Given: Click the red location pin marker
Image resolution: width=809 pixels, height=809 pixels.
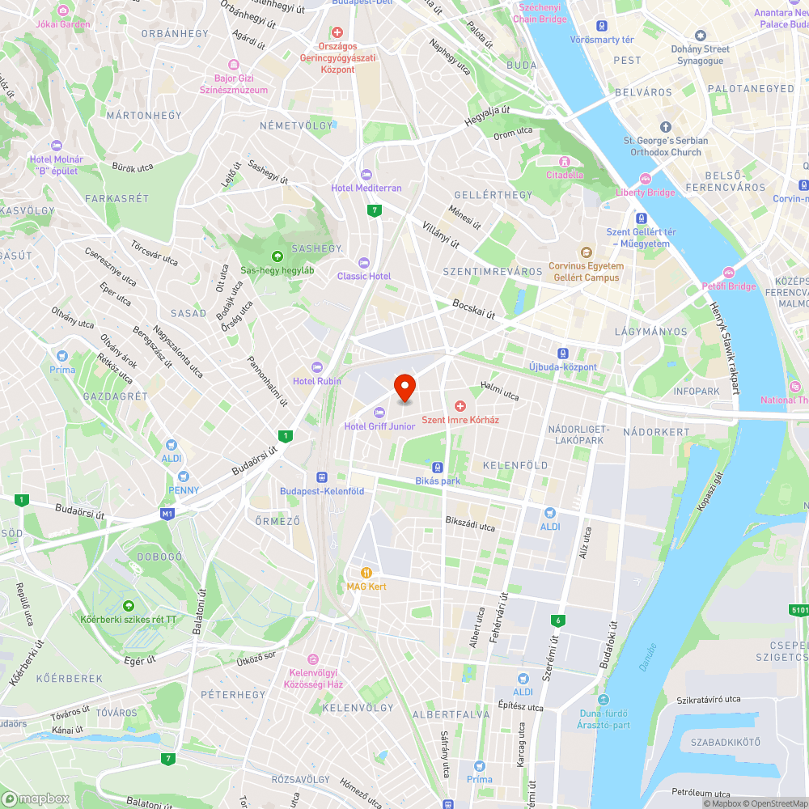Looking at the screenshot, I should coord(404,388).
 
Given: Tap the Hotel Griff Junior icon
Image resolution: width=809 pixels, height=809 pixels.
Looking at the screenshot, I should coord(379,413).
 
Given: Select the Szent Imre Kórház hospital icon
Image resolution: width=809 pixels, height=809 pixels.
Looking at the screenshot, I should coord(460,405).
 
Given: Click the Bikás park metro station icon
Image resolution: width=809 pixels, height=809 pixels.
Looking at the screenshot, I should coord(438,468).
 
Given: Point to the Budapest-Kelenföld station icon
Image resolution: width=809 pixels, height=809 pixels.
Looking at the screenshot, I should coord(322,477).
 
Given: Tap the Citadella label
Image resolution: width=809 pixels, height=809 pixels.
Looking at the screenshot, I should coord(565,174).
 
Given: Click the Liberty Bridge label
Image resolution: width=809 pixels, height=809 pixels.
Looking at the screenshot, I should coord(645,192).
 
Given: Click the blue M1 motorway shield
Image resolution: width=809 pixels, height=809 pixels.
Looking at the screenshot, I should coord(167,514).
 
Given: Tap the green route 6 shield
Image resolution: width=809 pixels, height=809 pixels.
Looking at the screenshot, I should coord(557,621).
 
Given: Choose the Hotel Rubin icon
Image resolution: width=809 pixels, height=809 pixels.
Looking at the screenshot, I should coord(317,367).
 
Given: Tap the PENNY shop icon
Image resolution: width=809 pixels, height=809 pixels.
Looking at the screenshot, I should coord(184,477).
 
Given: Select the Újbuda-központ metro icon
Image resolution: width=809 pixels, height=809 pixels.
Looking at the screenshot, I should coord(562,354).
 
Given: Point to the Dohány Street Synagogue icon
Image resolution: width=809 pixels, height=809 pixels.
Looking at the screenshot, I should coord(701,36).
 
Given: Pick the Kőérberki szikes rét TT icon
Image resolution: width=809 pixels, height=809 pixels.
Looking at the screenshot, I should coord(128,606).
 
